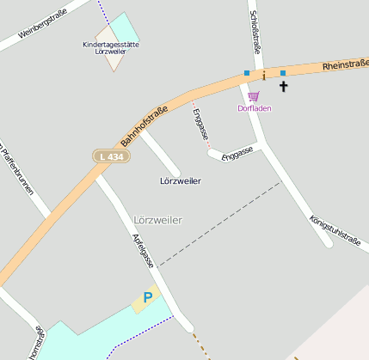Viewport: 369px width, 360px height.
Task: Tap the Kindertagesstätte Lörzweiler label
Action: [x=112, y=48]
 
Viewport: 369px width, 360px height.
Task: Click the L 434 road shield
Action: [x=111, y=156]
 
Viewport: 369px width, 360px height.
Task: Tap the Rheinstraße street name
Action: [x=345, y=65]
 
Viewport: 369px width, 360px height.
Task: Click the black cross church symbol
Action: [x=284, y=86]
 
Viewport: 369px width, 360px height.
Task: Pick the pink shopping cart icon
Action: [x=253, y=96]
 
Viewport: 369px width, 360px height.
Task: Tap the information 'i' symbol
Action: [x=264, y=76]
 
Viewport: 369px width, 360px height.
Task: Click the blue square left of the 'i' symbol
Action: [x=247, y=73]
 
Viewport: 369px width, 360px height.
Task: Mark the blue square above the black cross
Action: [x=282, y=73]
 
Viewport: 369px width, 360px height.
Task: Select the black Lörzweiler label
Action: [x=181, y=181]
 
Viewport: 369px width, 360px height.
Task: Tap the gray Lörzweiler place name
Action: [x=158, y=220]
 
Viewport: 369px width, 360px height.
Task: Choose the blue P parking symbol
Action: [x=148, y=297]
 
